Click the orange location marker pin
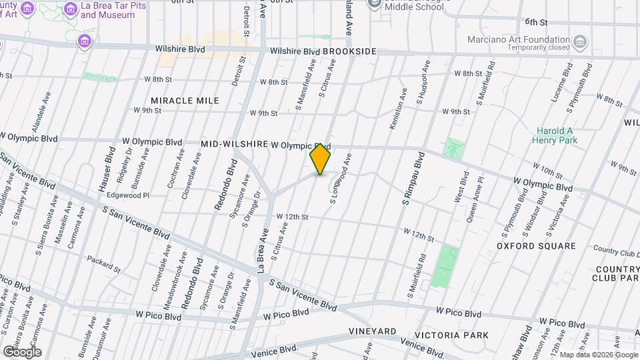pos(320,159)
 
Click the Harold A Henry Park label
pos(555,135)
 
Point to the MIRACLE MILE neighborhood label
pos(185,101)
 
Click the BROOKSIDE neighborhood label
pos(350,51)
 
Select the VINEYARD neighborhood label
pos(372,331)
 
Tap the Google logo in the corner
pos(22,352)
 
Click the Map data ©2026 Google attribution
pos(598,355)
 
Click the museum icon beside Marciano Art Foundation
pos(580,43)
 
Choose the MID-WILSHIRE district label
pos(235,144)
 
